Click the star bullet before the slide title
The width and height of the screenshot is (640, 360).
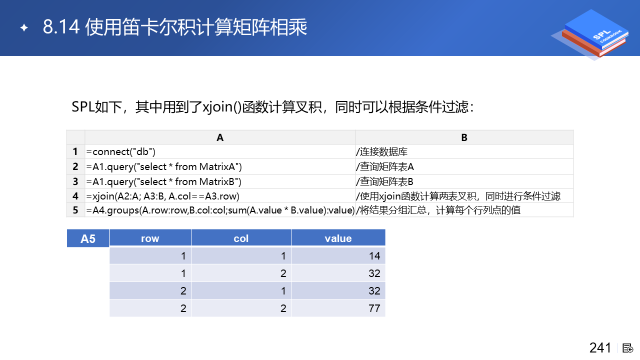click(x=24, y=27)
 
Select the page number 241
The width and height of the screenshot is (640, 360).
click(x=600, y=348)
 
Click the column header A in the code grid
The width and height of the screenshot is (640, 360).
click(x=220, y=137)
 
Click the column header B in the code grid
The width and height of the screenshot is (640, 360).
click(x=464, y=137)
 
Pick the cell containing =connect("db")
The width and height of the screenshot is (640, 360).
click(x=220, y=151)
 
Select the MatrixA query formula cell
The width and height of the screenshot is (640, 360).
click(x=220, y=166)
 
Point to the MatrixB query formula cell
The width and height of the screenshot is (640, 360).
click(x=220, y=181)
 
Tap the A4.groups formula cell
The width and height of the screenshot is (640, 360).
click(x=220, y=210)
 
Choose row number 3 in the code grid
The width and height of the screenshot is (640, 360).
click(x=75, y=181)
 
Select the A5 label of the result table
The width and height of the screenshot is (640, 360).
click(x=88, y=238)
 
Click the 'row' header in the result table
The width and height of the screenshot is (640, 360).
click(x=150, y=238)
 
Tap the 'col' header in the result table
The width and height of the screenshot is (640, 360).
click(x=241, y=238)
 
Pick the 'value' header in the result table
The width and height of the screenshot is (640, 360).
click(x=338, y=238)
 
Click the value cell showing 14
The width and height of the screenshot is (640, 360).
click(x=338, y=255)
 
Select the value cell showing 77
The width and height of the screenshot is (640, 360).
click(x=338, y=308)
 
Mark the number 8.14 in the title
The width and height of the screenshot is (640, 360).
click(x=61, y=27)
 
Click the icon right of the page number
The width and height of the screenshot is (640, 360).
click(x=627, y=348)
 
